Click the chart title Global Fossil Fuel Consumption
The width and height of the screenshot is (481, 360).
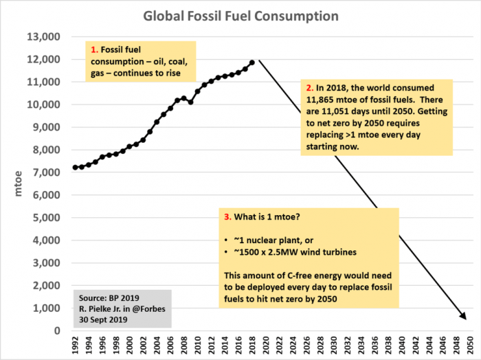pyautogui.click(x=240, y=14)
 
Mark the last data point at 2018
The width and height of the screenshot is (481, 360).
pyautogui.click(x=252, y=63)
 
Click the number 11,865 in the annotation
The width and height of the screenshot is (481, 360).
pyautogui.click(x=321, y=100)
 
